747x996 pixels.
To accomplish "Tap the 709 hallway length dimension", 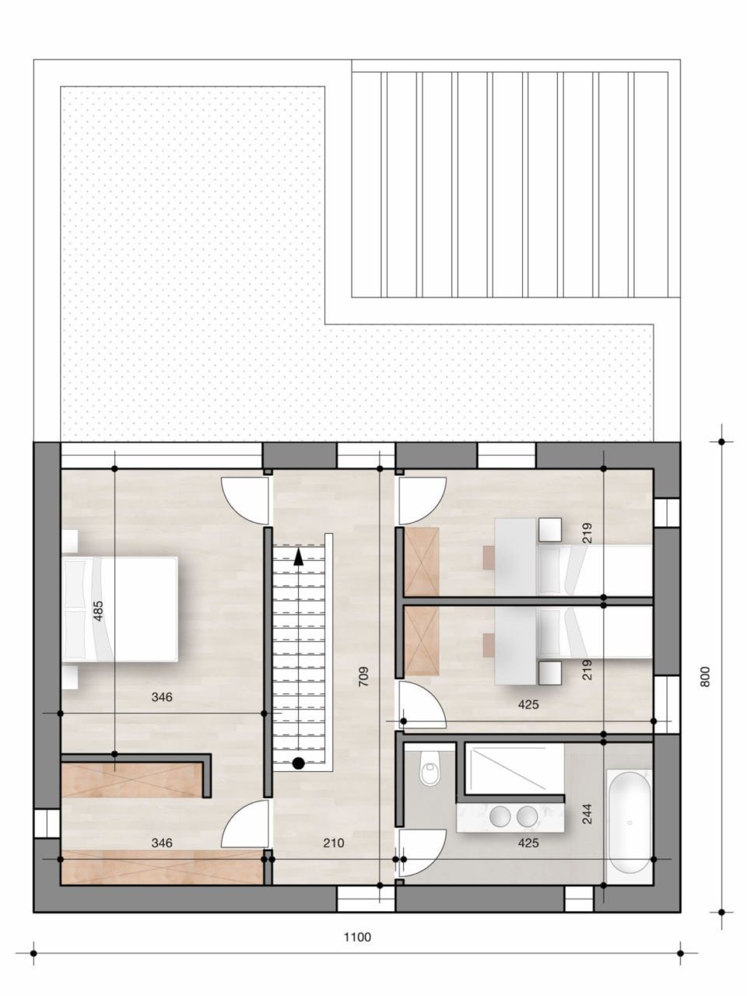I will click(363, 675).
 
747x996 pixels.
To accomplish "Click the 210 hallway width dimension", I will click(333, 843).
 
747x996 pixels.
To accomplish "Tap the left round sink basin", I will click(500, 816).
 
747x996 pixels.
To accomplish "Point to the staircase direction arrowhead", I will click(299, 554).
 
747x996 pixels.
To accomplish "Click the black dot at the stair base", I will click(298, 763).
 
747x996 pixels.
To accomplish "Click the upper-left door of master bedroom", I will click(243, 498).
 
